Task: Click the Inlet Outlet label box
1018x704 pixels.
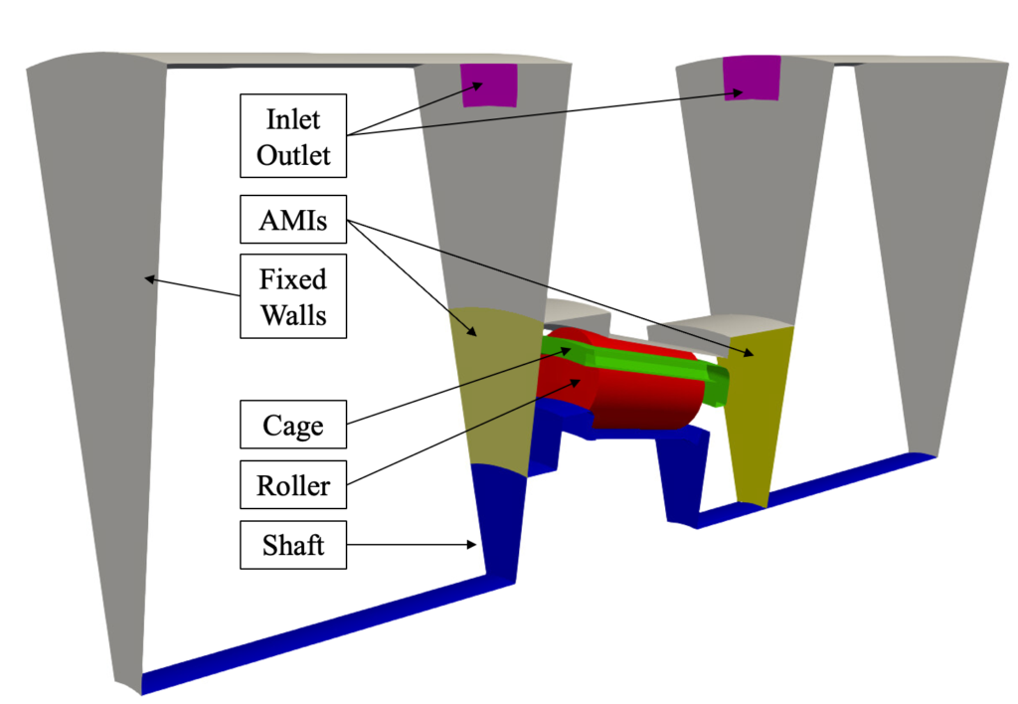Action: (x=293, y=137)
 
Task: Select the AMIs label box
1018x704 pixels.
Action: (x=293, y=219)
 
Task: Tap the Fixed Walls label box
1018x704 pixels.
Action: (x=293, y=295)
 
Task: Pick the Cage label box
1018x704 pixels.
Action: (x=293, y=426)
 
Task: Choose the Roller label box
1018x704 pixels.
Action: (x=293, y=487)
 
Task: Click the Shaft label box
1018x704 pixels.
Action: (x=293, y=545)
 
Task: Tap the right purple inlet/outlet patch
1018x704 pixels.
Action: (x=752, y=79)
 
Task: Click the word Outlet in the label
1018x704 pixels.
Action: (x=293, y=155)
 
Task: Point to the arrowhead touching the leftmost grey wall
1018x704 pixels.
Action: (x=148, y=279)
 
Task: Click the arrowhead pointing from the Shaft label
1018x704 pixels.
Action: (x=476, y=544)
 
